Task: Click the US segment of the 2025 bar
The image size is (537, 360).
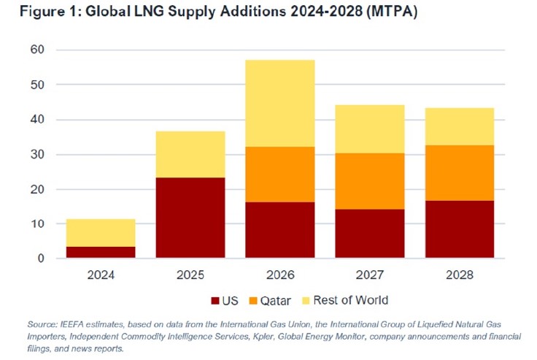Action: (x=190, y=218)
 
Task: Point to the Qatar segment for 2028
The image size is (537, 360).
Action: (x=460, y=173)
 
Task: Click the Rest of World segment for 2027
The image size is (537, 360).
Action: (x=370, y=129)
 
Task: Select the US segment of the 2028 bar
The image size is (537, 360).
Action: (x=460, y=229)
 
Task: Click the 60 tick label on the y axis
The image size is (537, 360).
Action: (x=36, y=50)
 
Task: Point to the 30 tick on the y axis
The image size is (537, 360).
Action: (x=36, y=155)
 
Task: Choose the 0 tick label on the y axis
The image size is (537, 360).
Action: (x=40, y=258)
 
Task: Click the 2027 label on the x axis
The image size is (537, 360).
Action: (x=370, y=276)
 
